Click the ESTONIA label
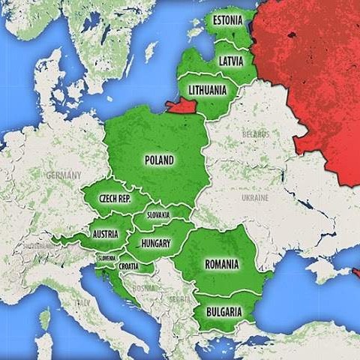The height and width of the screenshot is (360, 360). tap(227, 19)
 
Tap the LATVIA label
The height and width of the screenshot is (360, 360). tap(230, 61)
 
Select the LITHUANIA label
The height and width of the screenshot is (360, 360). tap(208, 90)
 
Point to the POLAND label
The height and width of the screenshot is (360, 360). tap(159, 160)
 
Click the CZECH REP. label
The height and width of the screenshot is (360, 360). tap(115, 199)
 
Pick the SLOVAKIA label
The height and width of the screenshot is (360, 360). tap(157, 214)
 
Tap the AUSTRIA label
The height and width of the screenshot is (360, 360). tap(106, 233)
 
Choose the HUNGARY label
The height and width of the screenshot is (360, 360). tap(155, 244)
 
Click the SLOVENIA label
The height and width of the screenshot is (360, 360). tap(106, 258)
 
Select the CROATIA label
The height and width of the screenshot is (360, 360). tap(128, 266)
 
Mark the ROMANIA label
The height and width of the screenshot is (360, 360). tap(221, 264)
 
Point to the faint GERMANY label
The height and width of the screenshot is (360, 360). tap(64, 175)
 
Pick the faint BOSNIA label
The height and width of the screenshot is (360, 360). tap(144, 286)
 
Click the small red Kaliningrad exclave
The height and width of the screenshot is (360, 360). tap(180, 106)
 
